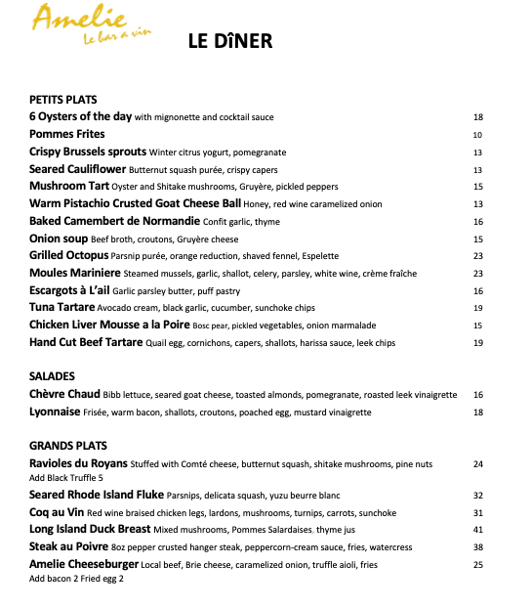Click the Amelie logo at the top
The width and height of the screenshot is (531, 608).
(x=79, y=24)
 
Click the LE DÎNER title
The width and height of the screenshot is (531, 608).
(x=229, y=41)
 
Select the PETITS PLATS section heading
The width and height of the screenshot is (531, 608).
(x=63, y=100)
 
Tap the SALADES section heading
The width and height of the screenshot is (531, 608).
(x=53, y=376)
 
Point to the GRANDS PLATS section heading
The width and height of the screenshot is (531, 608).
(x=69, y=446)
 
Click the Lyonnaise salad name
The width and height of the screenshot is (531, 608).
(x=56, y=412)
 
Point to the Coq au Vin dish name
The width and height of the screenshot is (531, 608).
(x=57, y=512)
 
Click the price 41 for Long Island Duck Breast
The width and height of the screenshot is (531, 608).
(x=478, y=530)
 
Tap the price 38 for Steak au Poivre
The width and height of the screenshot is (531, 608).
(x=478, y=547)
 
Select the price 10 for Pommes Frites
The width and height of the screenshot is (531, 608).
(x=478, y=135)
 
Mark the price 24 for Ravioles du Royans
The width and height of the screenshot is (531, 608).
(x=478, y=464)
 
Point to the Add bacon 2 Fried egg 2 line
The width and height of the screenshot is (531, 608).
(x=77, y=579)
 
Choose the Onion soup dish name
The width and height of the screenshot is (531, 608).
(x=59, y=239)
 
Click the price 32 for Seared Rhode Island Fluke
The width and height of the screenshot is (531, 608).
(x=478, y=496)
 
